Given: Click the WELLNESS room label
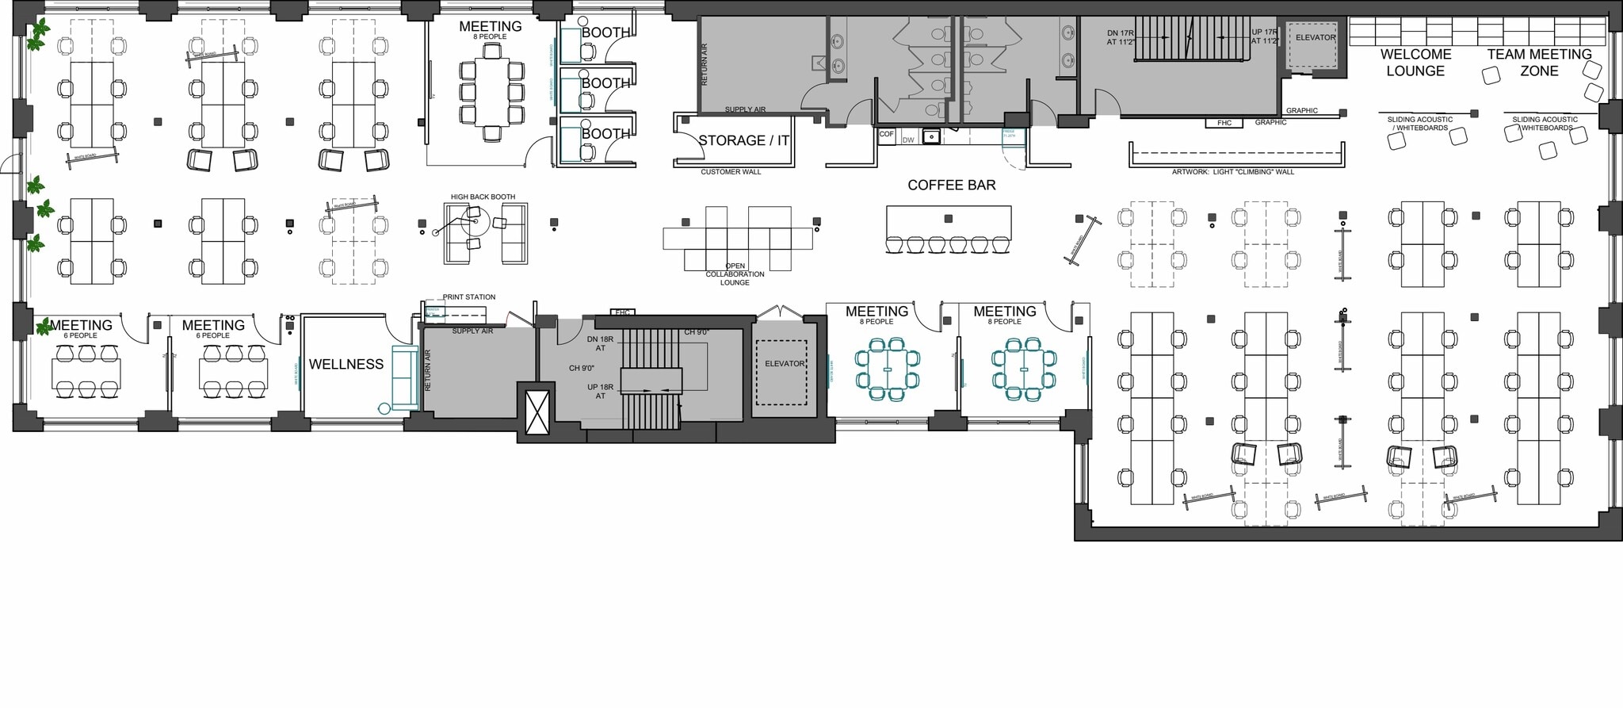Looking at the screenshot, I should [346, 364].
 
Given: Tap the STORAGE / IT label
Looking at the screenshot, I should [743, 140].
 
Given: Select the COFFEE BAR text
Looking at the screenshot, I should [951, 185].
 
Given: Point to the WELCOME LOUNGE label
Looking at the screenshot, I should [1415, 63].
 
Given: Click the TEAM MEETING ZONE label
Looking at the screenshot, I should [1539, 63].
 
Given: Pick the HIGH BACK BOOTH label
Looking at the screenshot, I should [483, 197].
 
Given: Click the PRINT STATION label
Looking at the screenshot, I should [468, 297].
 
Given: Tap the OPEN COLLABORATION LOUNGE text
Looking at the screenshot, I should [735, 274].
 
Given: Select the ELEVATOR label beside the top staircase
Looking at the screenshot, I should [1316, 37].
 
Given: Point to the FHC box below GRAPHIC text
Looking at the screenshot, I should [1224, 123].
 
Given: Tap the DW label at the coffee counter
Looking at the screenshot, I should [908, 140].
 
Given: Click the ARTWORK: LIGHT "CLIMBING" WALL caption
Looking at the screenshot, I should [1232, 172].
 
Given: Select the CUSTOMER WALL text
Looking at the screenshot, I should [730, 172].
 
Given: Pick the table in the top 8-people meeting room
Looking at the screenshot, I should [491, 91].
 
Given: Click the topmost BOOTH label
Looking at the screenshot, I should [605, 33].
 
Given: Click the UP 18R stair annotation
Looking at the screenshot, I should [600, 391].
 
